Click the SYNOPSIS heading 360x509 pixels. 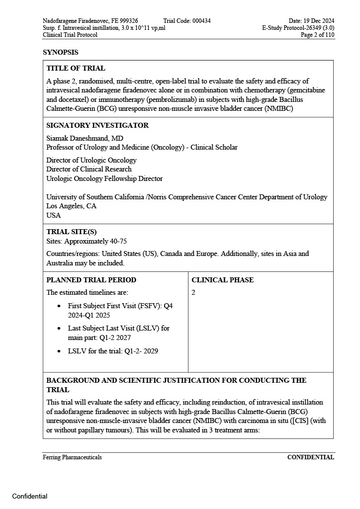tap(60, 52)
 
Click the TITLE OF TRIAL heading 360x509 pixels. tap(76, 68)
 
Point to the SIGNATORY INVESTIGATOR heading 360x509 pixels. tap(97, 125)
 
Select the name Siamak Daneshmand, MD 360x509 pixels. tap(85, 138)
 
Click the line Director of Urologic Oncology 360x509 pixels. tap(91, 160)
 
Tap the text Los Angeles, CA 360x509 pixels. tap(72, 206)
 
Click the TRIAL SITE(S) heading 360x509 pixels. tap(72, 232)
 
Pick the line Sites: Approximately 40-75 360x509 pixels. tap(87, 241)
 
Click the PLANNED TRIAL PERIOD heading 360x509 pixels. tap(91, 280)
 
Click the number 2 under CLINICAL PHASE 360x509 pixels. tap(193, 292)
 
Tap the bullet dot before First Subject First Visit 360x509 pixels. tap(60, 306)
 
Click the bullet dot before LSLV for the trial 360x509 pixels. tap(60, 351)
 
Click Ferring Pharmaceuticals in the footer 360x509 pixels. tap(72, 457)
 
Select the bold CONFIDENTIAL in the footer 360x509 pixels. tap(310, 457)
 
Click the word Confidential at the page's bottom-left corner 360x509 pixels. tap(30, 496)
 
